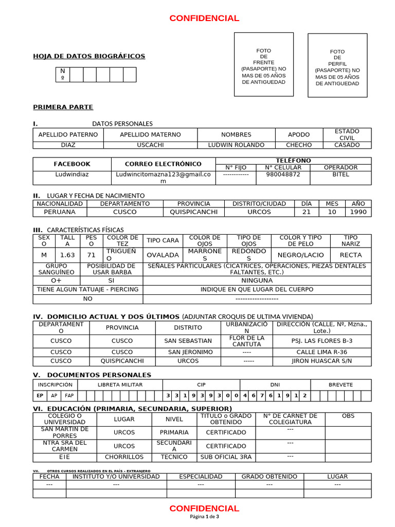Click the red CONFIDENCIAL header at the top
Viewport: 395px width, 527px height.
pos(204,19)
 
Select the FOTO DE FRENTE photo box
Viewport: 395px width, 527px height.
pos(264,65)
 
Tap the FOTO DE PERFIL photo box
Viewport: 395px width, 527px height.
pos(337,66)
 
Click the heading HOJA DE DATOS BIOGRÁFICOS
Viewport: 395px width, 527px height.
pos(89,56)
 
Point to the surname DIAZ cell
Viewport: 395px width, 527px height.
pos(68,145)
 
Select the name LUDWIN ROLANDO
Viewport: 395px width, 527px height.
pos(236,145)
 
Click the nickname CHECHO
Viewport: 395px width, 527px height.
pos(299,145)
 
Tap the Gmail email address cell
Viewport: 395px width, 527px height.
pos(163,178)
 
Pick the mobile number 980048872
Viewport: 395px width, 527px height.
pos(283,174)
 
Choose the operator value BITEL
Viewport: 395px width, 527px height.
pos(340,174)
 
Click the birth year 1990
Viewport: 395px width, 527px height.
pos(358,212)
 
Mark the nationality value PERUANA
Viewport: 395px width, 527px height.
pos(60,212)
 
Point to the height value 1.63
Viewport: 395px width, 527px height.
pos(67,255)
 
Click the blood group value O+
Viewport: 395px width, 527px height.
pos(56,280)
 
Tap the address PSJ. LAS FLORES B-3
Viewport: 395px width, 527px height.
pos(322,341)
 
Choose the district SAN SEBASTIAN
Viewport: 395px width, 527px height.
pos(188,341)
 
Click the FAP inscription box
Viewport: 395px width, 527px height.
pos(68,396)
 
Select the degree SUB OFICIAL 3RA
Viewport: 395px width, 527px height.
pos(226,456)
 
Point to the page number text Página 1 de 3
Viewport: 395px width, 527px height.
pos(204,517)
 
